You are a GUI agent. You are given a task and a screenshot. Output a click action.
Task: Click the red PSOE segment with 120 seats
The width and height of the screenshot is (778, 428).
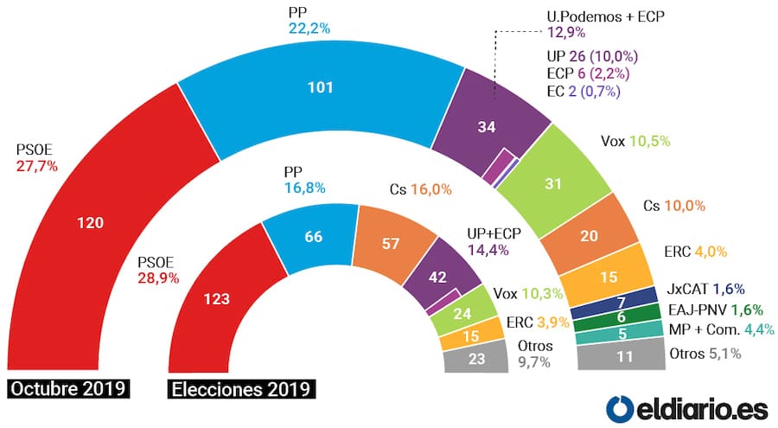point(91,223)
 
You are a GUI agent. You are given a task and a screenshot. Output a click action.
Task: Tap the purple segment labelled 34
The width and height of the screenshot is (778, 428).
point(487,128)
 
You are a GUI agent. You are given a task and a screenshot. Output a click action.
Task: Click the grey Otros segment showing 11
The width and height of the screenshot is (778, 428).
point(623,355)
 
